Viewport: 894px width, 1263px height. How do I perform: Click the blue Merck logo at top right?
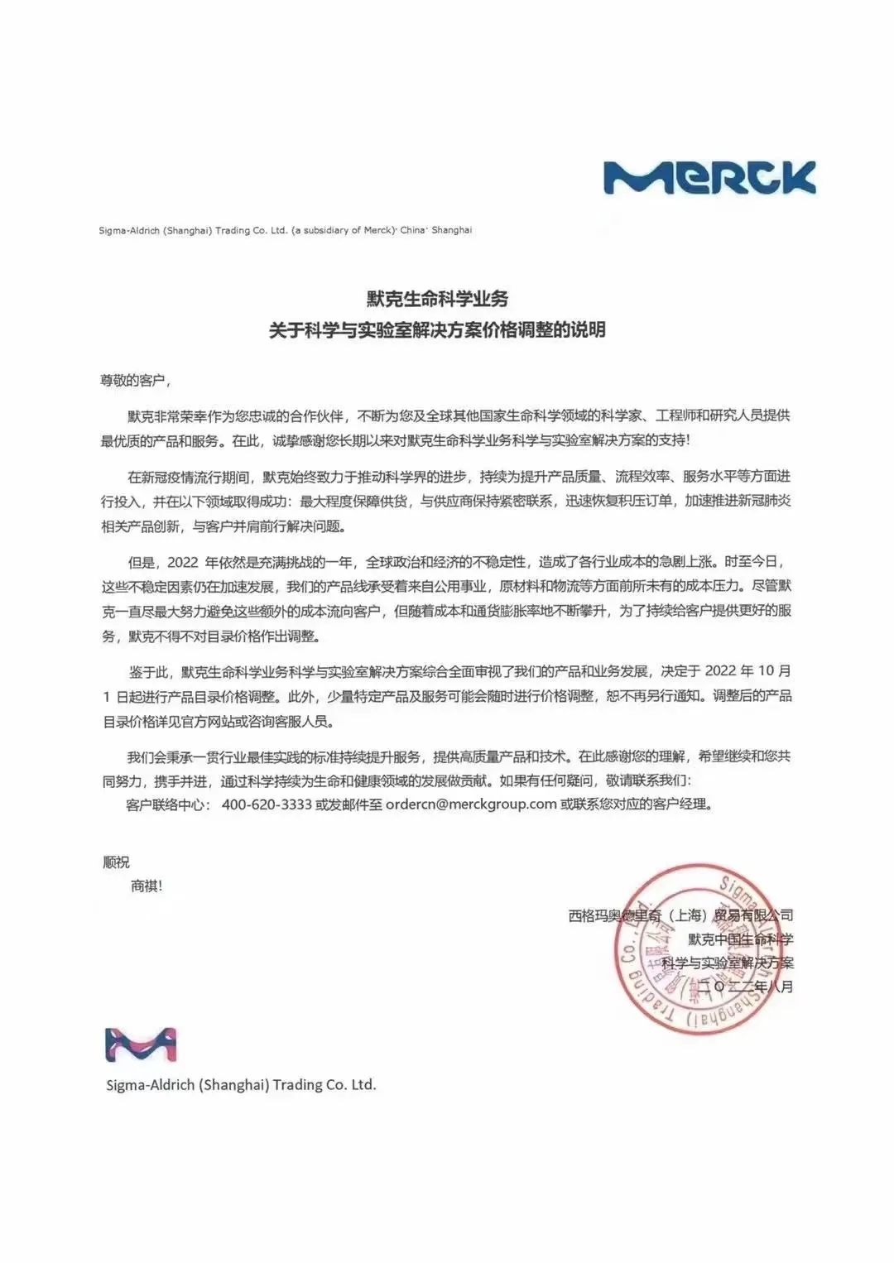[709, 178]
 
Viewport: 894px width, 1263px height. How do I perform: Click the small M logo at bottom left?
[141, 1045]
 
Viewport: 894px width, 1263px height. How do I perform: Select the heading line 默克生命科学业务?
[438, 299]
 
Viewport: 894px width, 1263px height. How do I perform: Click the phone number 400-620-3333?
[267, 804]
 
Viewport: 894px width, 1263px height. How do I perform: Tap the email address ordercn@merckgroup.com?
[471, 804]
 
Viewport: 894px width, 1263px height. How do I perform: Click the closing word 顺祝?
[116, 862]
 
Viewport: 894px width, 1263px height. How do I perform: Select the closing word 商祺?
[147, 886]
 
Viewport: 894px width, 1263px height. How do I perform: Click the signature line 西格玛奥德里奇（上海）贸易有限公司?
[680, 915]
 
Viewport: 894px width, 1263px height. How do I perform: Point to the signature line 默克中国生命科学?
[740, 939]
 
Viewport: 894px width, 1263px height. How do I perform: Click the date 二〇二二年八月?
[745, 987]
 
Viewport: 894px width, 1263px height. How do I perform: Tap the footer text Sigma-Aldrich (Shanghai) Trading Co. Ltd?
[241, 1084]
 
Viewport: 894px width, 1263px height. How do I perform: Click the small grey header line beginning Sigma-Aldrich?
[286, 230]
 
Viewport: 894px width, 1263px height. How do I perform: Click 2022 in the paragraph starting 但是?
[183, 563]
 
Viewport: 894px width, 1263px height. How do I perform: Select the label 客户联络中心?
[169, 804]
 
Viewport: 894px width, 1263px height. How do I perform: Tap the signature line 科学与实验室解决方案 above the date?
[728, 963]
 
